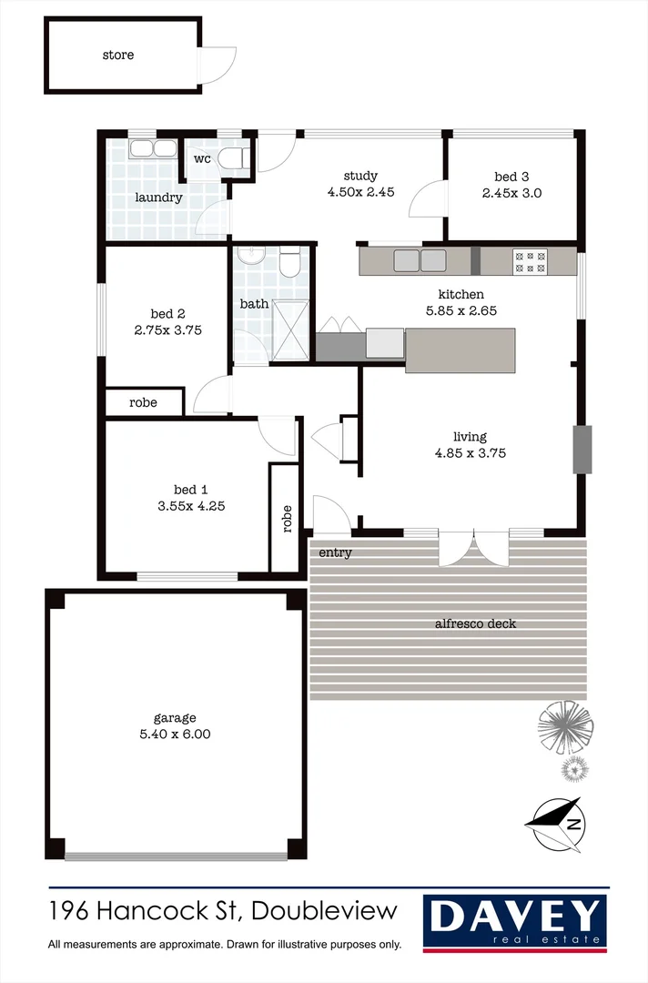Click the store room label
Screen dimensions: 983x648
(x=117, y=55)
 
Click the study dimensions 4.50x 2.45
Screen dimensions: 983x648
(x=360, y=192)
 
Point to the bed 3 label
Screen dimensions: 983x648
(x=511, y=177)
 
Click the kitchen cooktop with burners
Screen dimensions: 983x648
(x=530, y=261)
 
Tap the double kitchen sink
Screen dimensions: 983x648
(x=419, y=260)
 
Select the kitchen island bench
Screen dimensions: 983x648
(x=460, y=350)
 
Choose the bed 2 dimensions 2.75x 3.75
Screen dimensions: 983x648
(x=167, y=330)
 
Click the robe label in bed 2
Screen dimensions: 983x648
(x=142, y=401)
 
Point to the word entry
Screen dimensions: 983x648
(x=335, y=552)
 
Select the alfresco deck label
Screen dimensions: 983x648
(x=475, y=623)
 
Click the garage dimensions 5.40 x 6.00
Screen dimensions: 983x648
(x=175, y=734)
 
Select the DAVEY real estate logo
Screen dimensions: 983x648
(x=515, y=921)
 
